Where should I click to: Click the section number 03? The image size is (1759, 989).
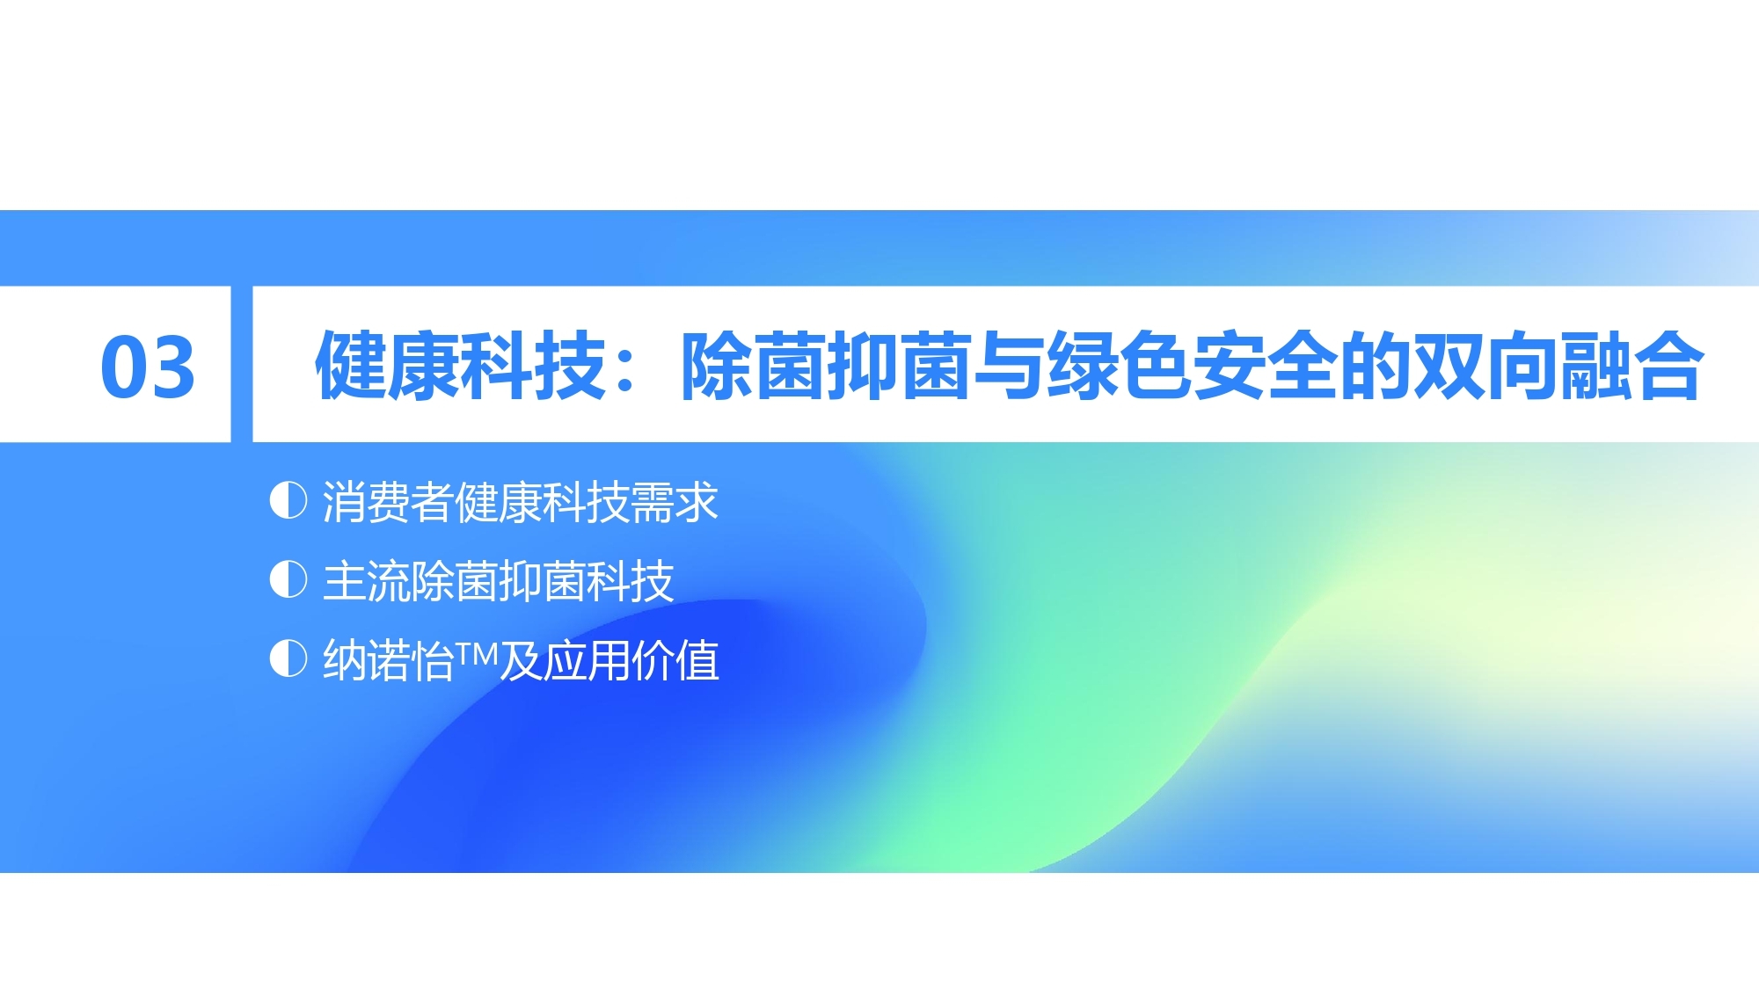pos(148,367)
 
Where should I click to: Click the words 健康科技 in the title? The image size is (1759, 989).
pos(461,366)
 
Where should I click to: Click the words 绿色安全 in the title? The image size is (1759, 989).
pos(1193,366)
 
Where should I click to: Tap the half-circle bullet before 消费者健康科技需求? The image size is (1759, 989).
pos(288,500)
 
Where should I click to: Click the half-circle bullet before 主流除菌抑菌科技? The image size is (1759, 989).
pos(288,579)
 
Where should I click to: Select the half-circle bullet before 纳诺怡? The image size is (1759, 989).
pos(288,658)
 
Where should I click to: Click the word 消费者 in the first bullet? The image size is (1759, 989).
pos(388,502)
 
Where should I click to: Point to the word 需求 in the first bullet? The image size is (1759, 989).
pos(675,502)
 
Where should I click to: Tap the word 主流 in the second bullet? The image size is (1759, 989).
pos(367,581)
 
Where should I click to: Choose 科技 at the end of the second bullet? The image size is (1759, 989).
pos(631,581)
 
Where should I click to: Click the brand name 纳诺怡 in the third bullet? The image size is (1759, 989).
pos(388,660)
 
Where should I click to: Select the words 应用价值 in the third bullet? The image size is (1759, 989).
pos(631,660)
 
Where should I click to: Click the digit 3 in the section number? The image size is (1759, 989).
pos(173,367)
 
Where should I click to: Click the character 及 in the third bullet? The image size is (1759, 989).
pos(522,660)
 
